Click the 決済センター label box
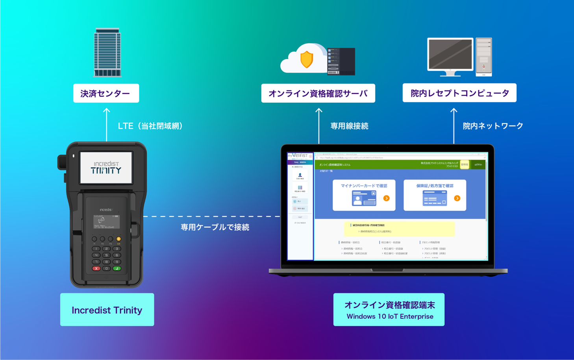106,93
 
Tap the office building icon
107,53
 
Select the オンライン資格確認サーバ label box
318,93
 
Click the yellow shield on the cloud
306,59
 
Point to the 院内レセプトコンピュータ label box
459,93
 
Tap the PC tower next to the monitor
483,57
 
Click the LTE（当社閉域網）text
150,126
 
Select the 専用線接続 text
349,126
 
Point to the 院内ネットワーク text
493,126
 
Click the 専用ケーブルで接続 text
215,227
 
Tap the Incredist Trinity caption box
107,310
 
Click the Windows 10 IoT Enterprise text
390,316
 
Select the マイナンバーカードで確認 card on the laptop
364,195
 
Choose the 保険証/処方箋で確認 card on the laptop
435,195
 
